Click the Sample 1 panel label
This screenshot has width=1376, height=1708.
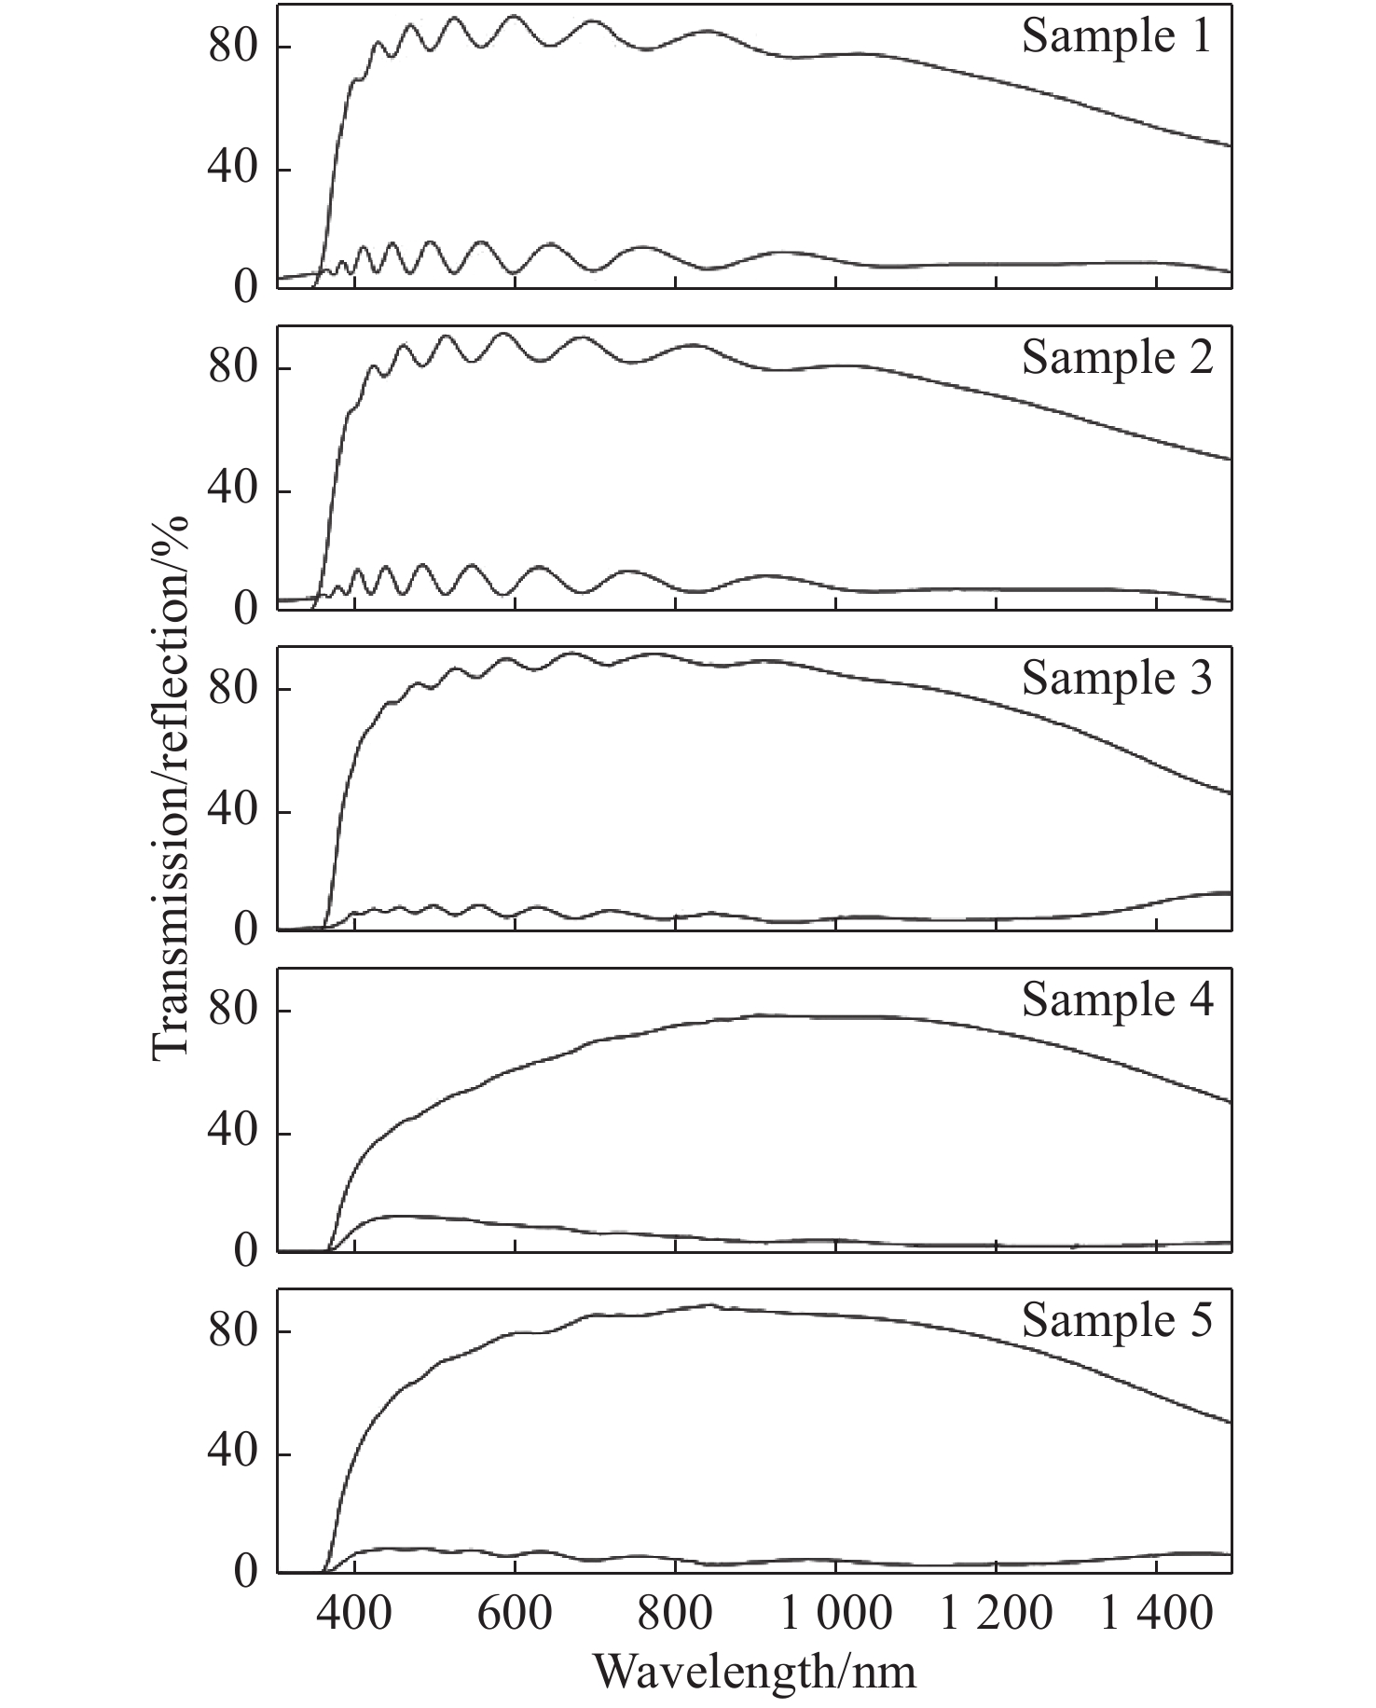[1117, 37]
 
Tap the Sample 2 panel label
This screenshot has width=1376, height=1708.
[1117, 358]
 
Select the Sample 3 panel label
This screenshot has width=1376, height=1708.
[1117, 679]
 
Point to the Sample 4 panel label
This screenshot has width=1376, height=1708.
[1117, 1000]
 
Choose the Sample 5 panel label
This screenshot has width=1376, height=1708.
[1117, 1321]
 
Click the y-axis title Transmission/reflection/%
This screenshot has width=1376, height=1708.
[171, 785]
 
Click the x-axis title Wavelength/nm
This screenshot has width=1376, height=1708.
[754, 1672]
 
